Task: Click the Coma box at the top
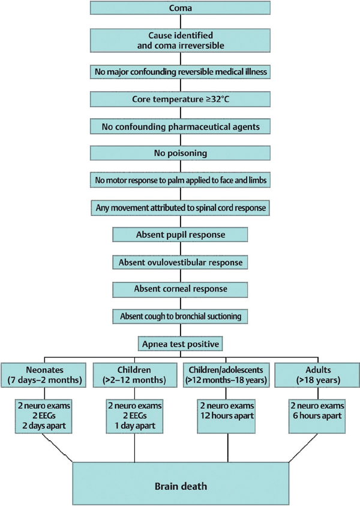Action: point(180,8)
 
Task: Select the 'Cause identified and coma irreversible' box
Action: point(180,40)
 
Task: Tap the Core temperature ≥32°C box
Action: point(180,98)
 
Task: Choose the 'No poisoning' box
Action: point(180,153)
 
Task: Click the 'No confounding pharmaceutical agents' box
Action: point(180,126)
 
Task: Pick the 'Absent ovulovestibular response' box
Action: point(180,261)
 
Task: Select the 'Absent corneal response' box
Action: point(180,288)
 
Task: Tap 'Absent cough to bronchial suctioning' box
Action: point(180,315)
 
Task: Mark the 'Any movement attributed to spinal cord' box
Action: point(180,207)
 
